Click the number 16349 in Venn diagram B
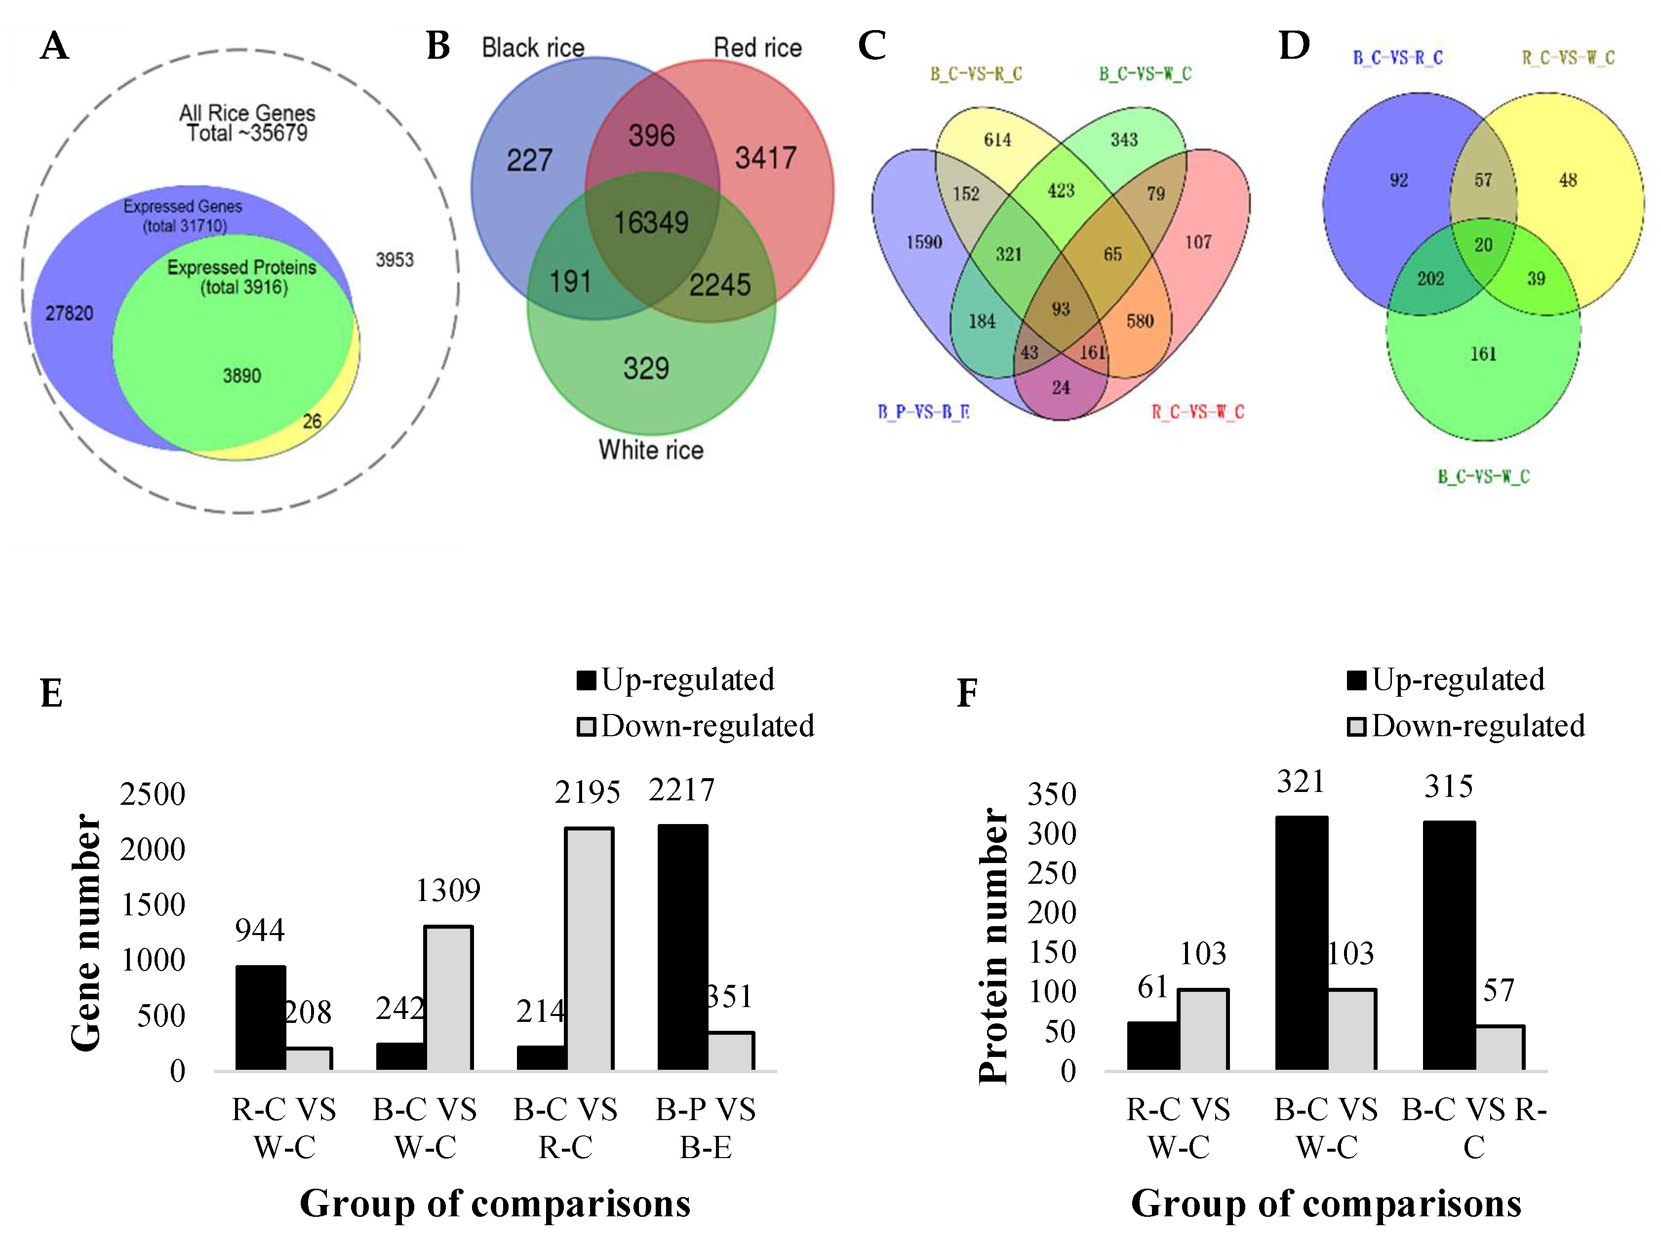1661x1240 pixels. (651, 222)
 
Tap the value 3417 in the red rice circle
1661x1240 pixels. (765, 157)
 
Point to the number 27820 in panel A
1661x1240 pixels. (69, 313)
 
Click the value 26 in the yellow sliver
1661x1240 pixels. (312, 421)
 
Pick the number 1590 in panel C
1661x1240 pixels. (924, 242)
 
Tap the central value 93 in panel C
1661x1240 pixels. (1060, 308)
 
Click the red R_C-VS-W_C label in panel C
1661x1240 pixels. (1198, 412)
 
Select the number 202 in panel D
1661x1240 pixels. (1430, 278)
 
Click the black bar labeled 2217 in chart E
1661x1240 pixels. (682, 947)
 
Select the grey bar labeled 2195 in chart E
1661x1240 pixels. (590, 949)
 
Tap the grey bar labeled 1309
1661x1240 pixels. (448, 998)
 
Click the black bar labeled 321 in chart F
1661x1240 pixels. (1302, 943)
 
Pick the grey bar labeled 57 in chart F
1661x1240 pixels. (1500, 1048)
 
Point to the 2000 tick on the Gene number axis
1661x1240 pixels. (153, 850)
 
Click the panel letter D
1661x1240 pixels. (1294, 46)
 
